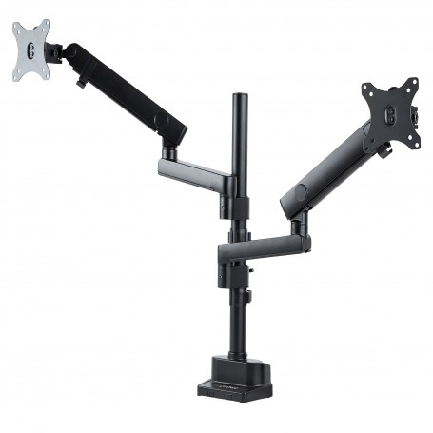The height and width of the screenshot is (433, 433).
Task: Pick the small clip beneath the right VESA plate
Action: pos(386,149)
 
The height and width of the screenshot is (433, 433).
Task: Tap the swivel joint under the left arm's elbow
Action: pos(168,149)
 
